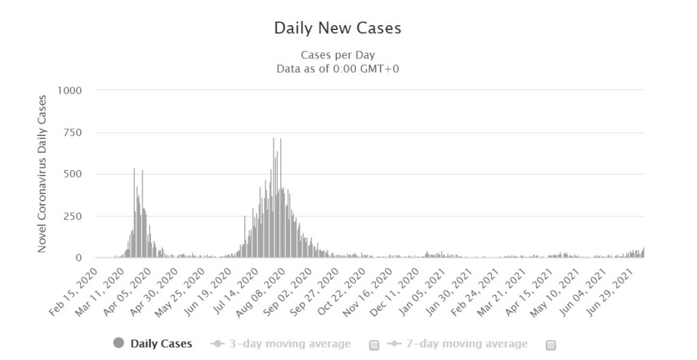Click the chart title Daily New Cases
pyautogui.click(x=338, y=29)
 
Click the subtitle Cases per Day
pyautogui.click(x=338, y=54)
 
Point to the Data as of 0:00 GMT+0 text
pyautogui.click(x=338, y=68)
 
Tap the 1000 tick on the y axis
pyautogui.click(x=70, y=91)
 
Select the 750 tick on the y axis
pyautogui.click(x=73, y=133)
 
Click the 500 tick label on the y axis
pyautogui.click(x=73, y=174)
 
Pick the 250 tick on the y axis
pyautogui.click(x=73, y=216)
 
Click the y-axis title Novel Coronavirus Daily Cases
pyautogui.click(x=42, y=174)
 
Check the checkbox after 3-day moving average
pyautogui.click(x=374, y=345)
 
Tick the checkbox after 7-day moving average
pyautogui.click(x=551, y=345)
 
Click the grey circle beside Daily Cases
pyautogui.click(x=119, y=344)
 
